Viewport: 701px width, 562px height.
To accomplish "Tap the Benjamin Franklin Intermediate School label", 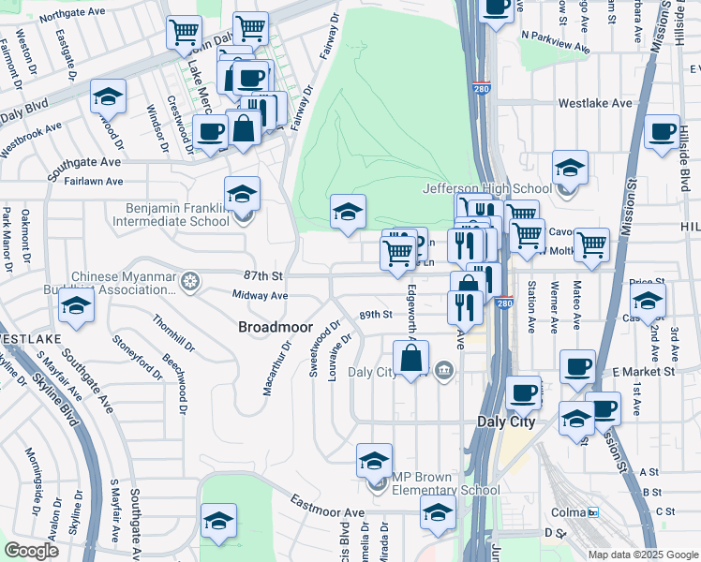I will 171,214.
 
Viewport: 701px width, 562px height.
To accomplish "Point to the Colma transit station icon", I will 592,512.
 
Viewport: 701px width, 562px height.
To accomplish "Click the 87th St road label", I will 263,276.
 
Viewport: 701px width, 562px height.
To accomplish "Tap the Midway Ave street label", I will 260,295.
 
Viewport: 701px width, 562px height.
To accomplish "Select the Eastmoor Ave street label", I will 326,508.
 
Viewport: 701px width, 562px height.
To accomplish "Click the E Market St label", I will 643,372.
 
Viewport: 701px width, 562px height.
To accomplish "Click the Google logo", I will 32,550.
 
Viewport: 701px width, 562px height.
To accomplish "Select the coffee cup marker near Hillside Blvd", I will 662,132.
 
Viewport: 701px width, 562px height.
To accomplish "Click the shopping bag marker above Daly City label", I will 410,358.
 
